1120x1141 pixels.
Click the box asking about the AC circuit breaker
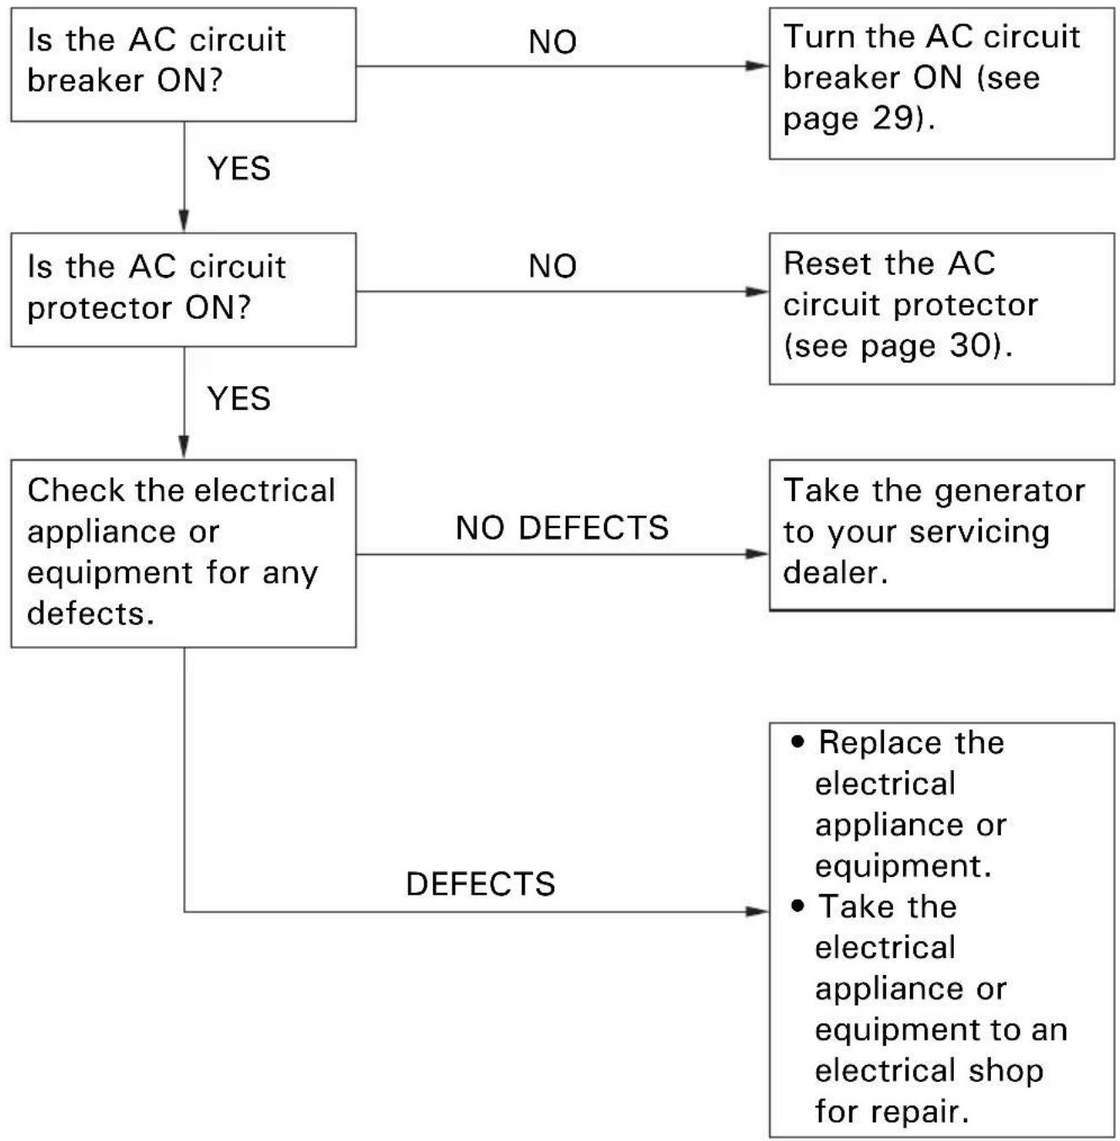(x=183, y=65)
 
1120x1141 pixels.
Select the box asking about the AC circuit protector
(x=183, y=289)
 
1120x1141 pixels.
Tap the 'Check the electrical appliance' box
(x=183, y=553)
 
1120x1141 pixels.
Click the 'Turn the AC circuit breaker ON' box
(x=941, y=83)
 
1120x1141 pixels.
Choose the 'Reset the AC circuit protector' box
(x=941, y=309)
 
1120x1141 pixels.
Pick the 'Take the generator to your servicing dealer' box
(x=941, y=535)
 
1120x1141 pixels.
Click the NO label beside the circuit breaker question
(x=552, y=42)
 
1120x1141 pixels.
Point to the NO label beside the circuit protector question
(x=552, y=266)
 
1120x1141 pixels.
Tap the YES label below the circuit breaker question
(x=239, y=169)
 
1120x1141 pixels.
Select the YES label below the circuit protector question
(x=239, y=399)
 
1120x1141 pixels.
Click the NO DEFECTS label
(x=562, y=528)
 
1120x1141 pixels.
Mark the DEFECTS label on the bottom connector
(x=481, y=884)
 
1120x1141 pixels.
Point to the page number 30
(x=970, y=345)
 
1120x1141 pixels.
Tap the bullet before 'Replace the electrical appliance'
(x=798, y=740)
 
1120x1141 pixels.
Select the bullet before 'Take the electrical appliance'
(x=798, y=906)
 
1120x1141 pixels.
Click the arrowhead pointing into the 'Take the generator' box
(x=757, y=553)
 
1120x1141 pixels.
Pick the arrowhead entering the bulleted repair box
(x=757, y=911)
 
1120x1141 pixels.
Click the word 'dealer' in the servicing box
(x=835, y=573)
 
